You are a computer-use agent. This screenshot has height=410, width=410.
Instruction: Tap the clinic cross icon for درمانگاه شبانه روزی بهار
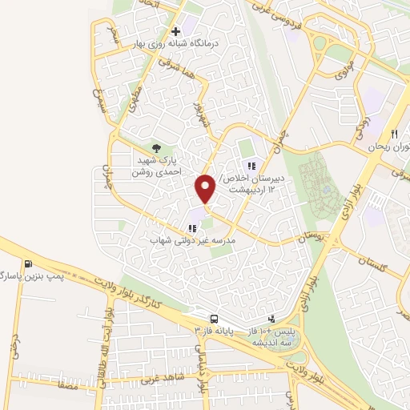(174, 31)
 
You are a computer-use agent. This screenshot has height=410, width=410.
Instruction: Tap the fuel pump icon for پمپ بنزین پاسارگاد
(30, 264)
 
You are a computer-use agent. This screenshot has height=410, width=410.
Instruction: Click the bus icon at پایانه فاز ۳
(214, 318)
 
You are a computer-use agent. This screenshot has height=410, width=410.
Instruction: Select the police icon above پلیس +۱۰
(273, 318)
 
